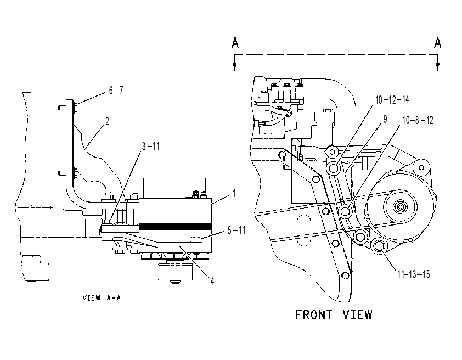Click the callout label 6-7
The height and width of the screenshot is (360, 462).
click(x=116, y=91)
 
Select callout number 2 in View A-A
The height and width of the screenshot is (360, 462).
click(x=107, y=121)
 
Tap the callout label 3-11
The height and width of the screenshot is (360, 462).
click(x=151, y=146)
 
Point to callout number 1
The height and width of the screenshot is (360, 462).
click(x=234, y=194)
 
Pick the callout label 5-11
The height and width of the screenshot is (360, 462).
click(x=236, y=230)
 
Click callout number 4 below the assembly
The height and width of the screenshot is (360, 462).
click(x=212, y=281)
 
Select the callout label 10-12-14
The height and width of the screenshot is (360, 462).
click(x=392, y=99)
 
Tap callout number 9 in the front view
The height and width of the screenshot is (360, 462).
click(x=385, y=119)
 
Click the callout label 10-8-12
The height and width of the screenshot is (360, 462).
click(x=418, y=120)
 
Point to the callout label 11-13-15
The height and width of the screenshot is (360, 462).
click(x=414, y=274)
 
